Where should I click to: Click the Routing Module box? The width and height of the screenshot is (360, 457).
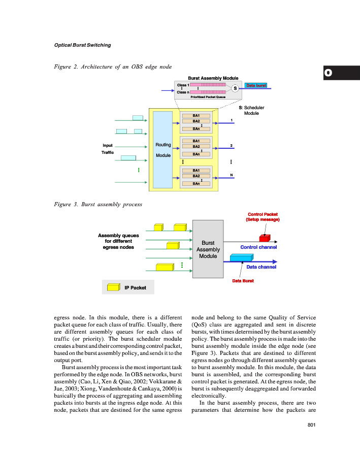click(x=163, y=150)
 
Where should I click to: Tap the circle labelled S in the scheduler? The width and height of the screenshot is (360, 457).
click(x=235, y=88)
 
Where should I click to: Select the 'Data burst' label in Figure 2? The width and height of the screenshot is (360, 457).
click(x=256, y=85)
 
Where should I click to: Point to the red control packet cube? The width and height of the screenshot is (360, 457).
click(x=264, y=238)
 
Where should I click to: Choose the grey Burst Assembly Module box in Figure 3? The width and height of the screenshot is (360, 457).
click(x=208, y=249)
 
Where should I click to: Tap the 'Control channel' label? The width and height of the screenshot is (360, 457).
click(x=258, y=247)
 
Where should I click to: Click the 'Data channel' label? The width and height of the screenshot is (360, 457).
click(x=261, y=266)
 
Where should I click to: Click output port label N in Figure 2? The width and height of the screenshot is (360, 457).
click(x=231, y=175)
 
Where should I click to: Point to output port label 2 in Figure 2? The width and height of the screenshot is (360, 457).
click(x=231, y=146)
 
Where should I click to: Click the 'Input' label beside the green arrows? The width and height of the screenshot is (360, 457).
click(x=108, y=145)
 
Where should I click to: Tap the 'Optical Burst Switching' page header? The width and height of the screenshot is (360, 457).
click(x=82, y=45)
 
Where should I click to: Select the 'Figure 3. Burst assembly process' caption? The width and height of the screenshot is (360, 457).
click(x=97, y=204)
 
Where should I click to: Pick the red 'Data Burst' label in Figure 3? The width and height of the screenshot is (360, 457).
click(x=243, y=280)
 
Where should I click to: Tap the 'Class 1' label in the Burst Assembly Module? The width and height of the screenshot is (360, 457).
click(x=183, y=85)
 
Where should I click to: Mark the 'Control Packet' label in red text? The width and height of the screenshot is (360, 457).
click(x=263, y=214)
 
